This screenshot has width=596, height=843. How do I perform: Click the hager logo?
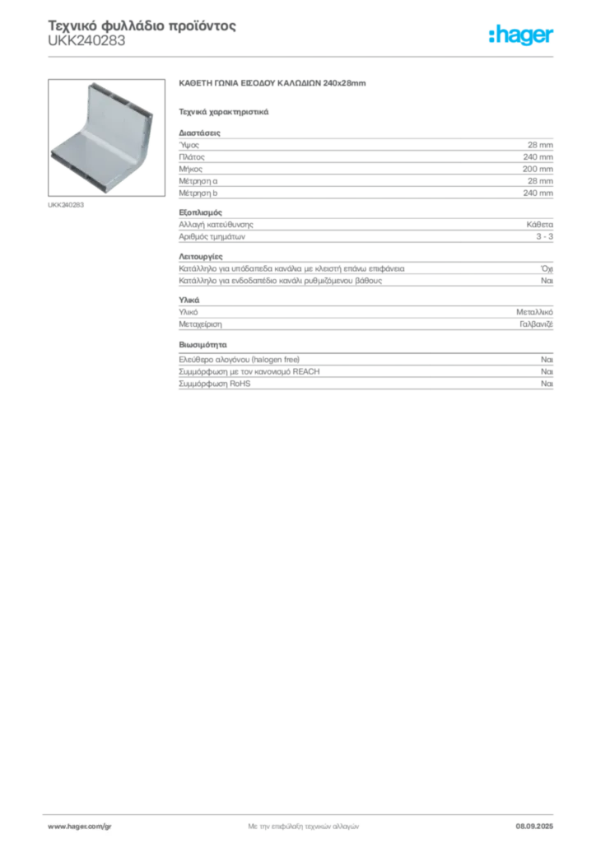(521, 35)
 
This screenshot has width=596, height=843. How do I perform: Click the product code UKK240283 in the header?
(86, 41)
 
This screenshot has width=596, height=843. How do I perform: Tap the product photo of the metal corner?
(106, 137)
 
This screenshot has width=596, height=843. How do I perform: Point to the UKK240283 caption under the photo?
(66, 205)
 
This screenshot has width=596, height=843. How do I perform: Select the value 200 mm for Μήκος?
(538, 169)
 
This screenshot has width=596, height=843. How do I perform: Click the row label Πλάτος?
(192, 157)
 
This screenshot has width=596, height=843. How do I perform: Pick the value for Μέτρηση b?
(538, 193)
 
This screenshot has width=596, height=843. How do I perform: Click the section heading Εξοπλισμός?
(201, 212)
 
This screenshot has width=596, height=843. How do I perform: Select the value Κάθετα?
(539, 225)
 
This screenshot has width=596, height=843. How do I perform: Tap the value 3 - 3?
(544, 236)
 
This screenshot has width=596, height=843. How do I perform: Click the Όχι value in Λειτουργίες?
(547, 268)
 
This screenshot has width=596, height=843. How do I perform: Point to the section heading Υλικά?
(189, 300)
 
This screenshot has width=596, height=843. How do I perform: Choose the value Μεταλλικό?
(534, 312)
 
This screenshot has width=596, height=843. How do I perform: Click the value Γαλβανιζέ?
(536, 324)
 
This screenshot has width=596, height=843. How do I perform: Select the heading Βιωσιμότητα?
(203, 345)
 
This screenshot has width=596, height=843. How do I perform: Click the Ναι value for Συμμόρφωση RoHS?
(547, 384)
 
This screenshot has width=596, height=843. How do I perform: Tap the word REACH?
(305, 371)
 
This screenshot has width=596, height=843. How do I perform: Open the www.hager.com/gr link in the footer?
(80, 827)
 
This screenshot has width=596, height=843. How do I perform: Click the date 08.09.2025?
(534, 827)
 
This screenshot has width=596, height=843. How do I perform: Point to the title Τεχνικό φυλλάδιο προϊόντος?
(142, 26)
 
